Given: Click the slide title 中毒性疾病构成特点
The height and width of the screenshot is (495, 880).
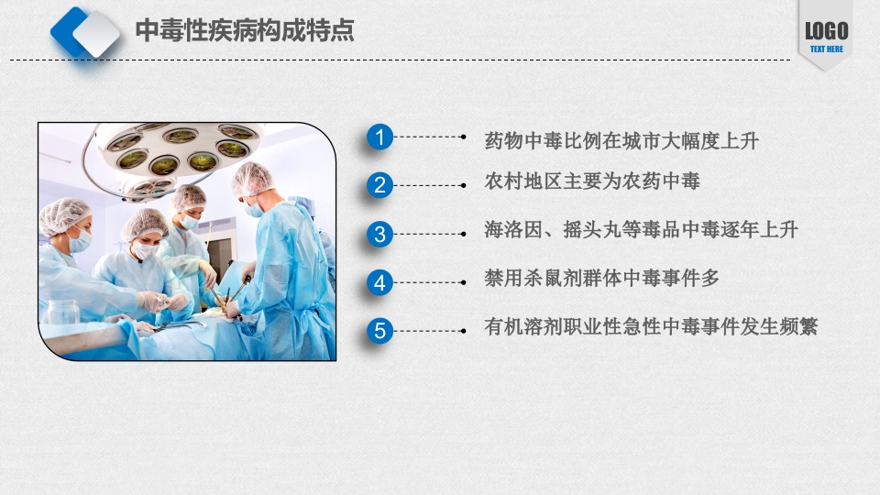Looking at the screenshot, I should pos(245,31).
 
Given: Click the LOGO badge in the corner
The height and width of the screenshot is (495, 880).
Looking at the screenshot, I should pos(826,33).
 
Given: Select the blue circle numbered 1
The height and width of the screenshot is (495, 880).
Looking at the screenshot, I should pos(380,138).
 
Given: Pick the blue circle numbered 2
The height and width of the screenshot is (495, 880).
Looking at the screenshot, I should pos(380,186).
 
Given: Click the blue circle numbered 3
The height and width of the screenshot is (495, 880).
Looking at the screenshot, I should pos(380,234).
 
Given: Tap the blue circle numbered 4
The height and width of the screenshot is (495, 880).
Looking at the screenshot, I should pos(380,282).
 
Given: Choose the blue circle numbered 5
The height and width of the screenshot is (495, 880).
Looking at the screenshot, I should pos(380,330).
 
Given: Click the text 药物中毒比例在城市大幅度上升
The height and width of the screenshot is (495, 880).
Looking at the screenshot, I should pos(622,141).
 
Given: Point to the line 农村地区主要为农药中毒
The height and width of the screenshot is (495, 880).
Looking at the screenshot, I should pos(592,181).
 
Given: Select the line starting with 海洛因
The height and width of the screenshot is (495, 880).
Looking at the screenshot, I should pos(642,230).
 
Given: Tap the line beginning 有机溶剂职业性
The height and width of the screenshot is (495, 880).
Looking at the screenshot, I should pos(651,326).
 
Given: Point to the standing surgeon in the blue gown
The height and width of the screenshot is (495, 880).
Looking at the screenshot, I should pos(284,266).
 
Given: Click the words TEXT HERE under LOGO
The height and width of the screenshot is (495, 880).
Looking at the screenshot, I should pos(826,49).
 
